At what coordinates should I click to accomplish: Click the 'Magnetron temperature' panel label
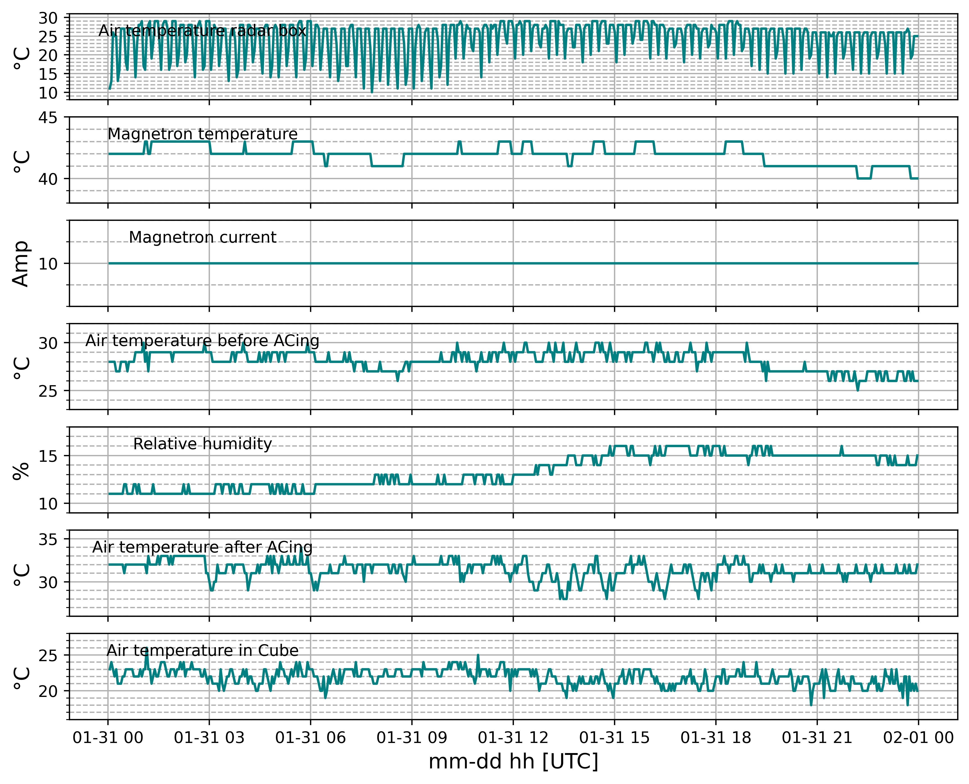(202, 134)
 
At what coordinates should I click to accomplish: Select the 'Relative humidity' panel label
(202, 444)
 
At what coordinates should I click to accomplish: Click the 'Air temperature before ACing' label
(202, 341)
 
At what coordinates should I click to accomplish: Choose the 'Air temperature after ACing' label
(202, 547)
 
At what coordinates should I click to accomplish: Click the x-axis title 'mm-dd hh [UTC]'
(513, 761)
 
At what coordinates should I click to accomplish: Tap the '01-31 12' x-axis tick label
(513, 738)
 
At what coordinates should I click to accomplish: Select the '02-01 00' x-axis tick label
(918, 738)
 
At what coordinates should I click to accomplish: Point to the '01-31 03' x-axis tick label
(209, 738)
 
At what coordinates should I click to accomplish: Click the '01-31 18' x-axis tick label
(715, 738)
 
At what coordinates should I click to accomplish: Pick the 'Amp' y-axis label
(21, 264)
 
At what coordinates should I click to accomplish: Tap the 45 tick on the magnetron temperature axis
(48, 118)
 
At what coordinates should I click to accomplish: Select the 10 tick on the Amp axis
(48, 264)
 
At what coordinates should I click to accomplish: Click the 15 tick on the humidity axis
(48, 456)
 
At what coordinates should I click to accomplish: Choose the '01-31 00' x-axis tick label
(108, 738)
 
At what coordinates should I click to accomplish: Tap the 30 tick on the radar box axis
(48, 18)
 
